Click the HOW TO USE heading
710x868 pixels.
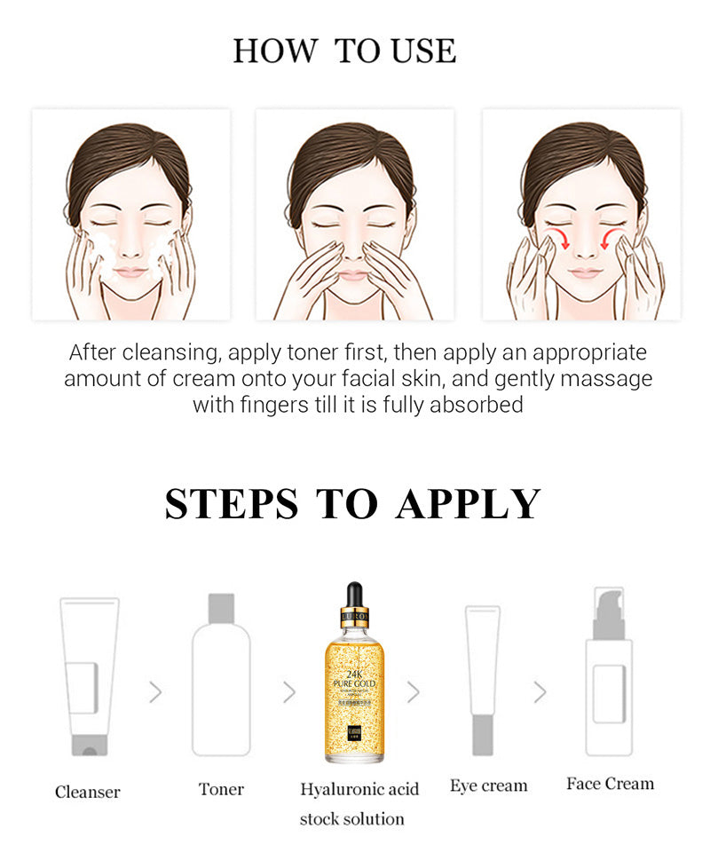[344, 51]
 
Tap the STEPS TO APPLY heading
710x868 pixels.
[352, 503]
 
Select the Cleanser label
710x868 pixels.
[87, 791]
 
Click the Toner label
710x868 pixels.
[221, 788]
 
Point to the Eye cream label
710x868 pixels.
[488, 785]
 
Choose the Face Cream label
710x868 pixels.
[610, 784]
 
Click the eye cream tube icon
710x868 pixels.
[482, 679]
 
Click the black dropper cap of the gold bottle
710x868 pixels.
[354, 596]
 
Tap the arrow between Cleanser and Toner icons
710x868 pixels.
[156, 691]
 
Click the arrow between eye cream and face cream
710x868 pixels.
[540, 691]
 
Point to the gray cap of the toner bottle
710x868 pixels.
[221, 609]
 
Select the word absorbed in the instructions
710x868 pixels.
[477, 405]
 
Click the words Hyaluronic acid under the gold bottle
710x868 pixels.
[359, 788]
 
